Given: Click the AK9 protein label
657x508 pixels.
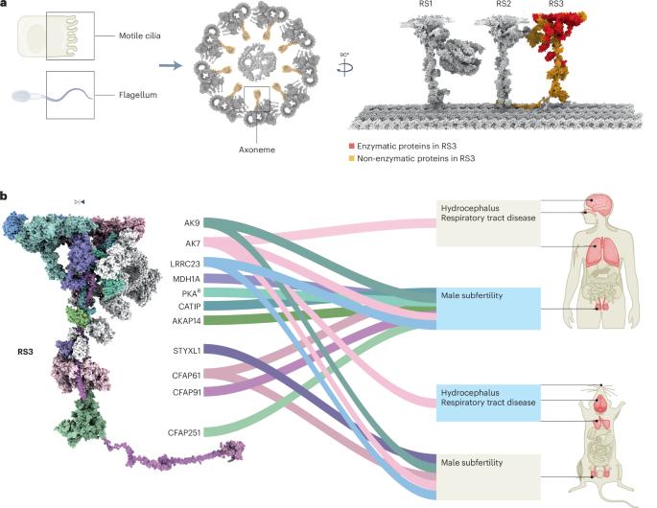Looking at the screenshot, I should pos(192,222).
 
